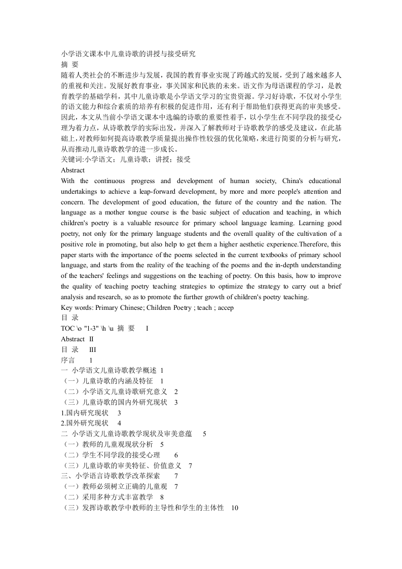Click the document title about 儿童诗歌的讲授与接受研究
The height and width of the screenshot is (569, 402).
(128, 53)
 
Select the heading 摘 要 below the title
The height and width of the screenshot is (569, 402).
(69, 64)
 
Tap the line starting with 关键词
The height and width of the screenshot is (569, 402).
(126, 159)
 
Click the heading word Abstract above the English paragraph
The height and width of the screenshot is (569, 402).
(72, 170)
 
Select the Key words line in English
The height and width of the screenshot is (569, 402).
(147, 307)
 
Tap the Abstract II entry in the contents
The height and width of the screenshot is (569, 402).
(77, 339)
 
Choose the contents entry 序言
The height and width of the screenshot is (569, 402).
(68, 360)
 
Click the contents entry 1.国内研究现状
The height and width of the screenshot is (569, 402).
(84, 413)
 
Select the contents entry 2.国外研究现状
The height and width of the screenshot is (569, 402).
(84, 423)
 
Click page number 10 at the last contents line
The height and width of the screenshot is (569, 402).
(234, 508)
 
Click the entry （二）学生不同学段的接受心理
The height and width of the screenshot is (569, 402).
(110, 455)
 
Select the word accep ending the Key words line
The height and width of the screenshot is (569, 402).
(225, 307)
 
